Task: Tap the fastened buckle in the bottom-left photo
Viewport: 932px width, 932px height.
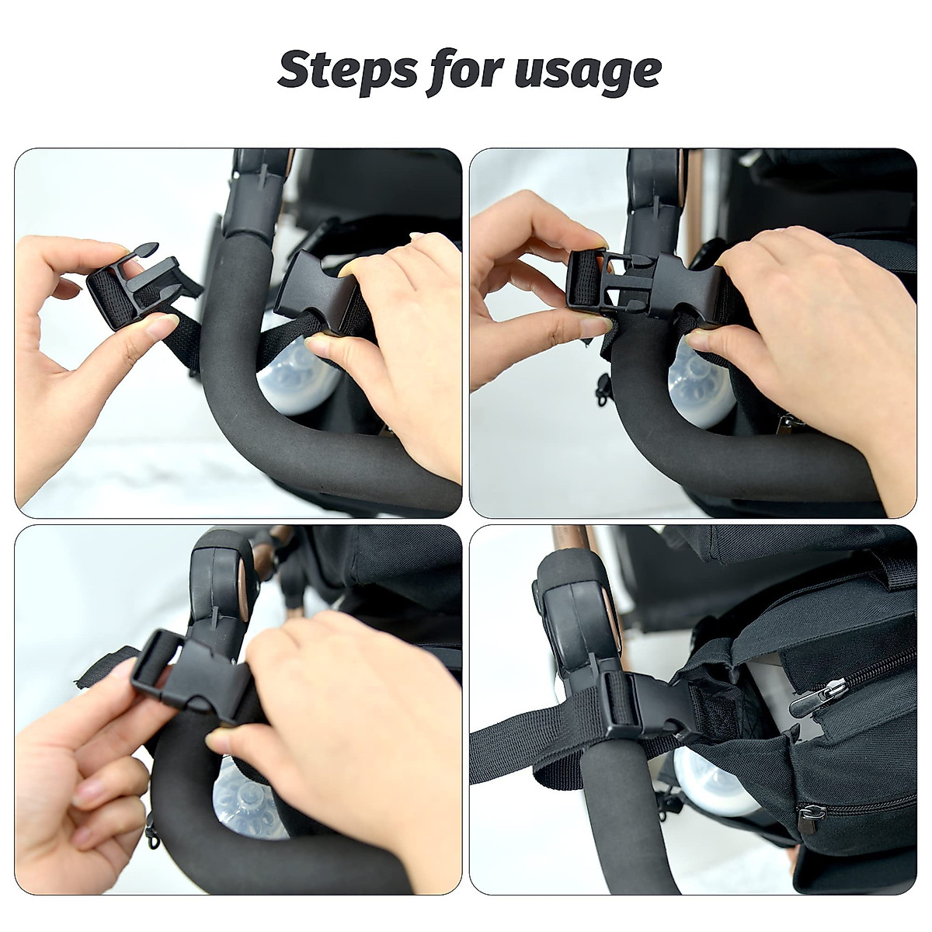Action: click(x=194, y=668)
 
